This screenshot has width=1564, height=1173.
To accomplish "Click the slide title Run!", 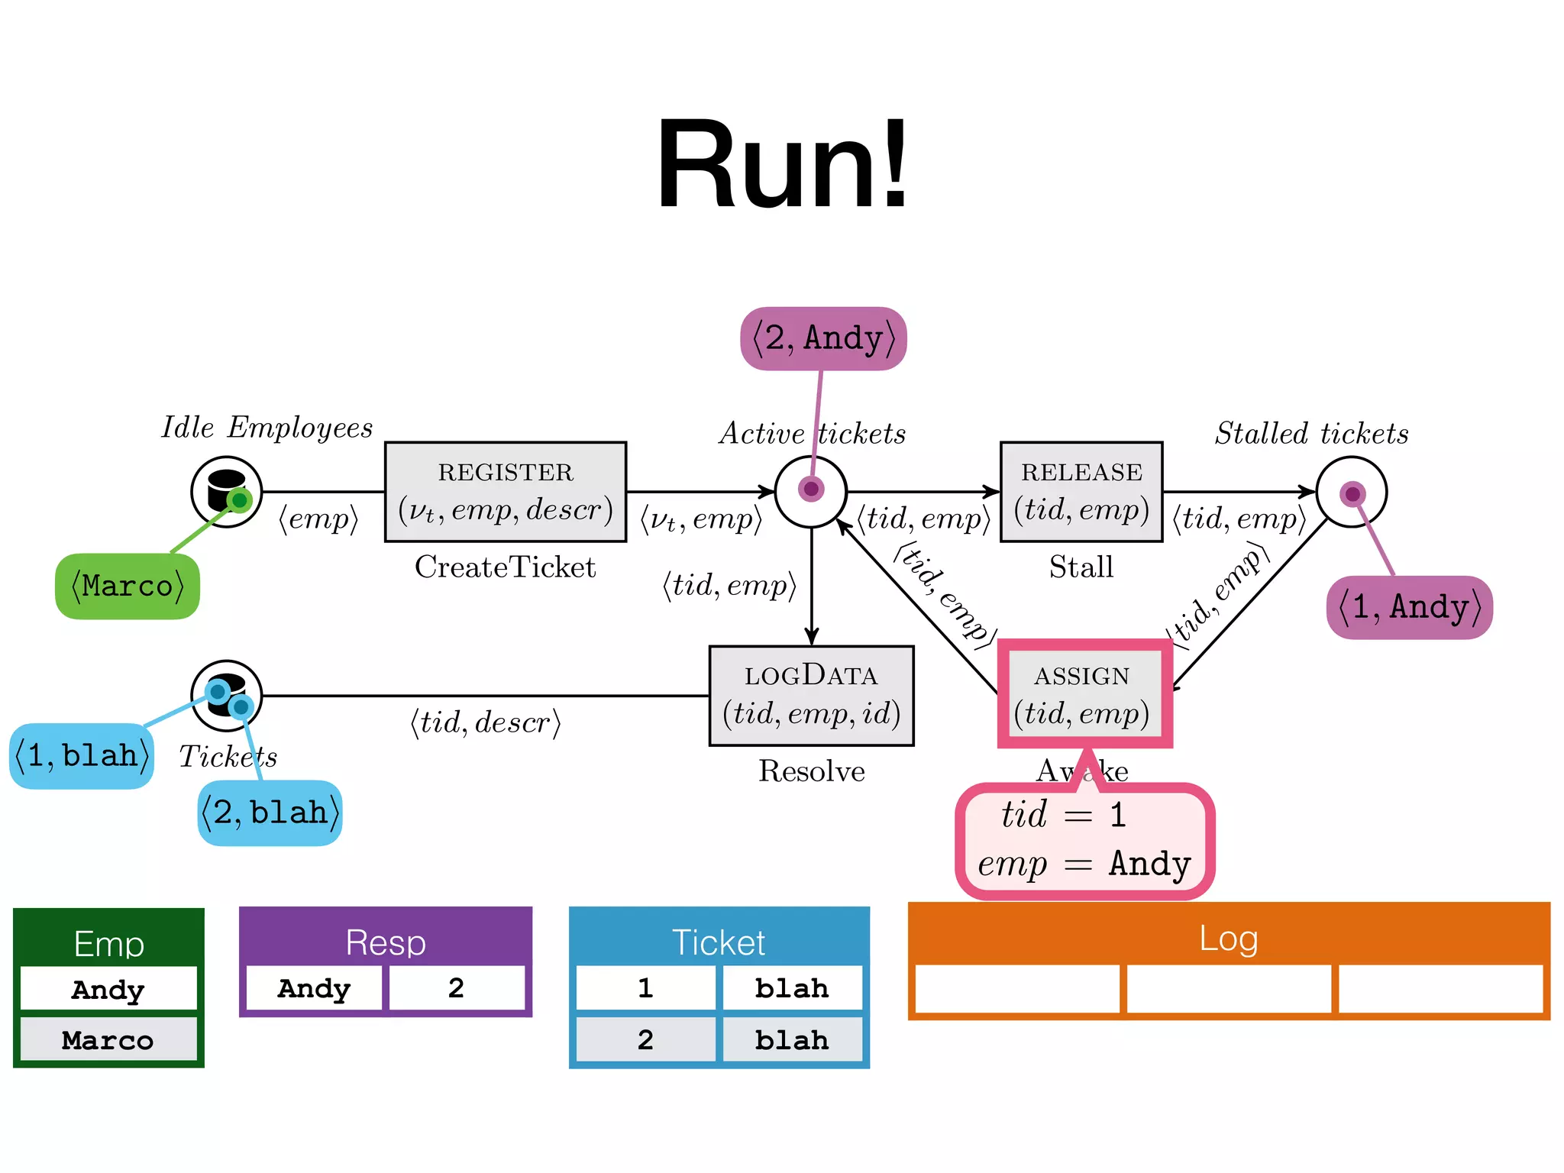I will pyautogui.click(x=782, y=164).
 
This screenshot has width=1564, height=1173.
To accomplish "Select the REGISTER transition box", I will pyautogui.click(x=506, y=492).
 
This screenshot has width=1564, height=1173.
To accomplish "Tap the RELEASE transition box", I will pyautogui.click(x=1081, y=492).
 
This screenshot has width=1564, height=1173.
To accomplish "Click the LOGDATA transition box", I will pyautogui.click(x=811, y=696).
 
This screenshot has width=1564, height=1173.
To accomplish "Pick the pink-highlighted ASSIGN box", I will pyautogui.click(x=1084, y=694).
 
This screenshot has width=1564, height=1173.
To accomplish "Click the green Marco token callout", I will pyautogui.click(x=128, y=586).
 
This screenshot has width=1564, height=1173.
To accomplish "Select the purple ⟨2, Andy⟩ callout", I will pyautogui.click(x=823, y=338).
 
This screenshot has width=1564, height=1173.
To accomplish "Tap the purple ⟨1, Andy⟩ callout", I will pyautogui.click(x=1409, y=607).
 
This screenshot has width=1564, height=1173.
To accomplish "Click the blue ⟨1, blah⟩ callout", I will pyautogui.click(x=82, y=756).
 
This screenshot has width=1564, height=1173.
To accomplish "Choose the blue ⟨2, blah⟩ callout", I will pyautogui.click(x=270, y=813).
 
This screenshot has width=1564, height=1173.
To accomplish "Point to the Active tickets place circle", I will pyautogui.click(x=811, y=492).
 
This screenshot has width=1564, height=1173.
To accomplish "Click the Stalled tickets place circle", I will pyautogui.click(x=1352, y=492).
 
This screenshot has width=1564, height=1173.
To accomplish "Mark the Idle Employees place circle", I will pyautogui.click(x=226, y=492).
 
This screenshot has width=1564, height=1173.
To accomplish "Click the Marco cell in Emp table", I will pyautogui.click(x=108, y=1039).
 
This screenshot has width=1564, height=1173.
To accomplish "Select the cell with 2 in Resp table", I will pyautogui.click(x=457, y=988).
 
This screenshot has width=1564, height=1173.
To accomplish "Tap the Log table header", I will pyautogui.click(x=1228, y=938).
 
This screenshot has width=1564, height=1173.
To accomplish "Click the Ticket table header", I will pyautogui.click(x=719, y=942).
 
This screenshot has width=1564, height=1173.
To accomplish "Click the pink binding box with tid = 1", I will pyautogui.click(x=1084, y=840).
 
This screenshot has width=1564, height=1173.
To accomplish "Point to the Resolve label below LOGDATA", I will pyautogui.click(x=811, y=771).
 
